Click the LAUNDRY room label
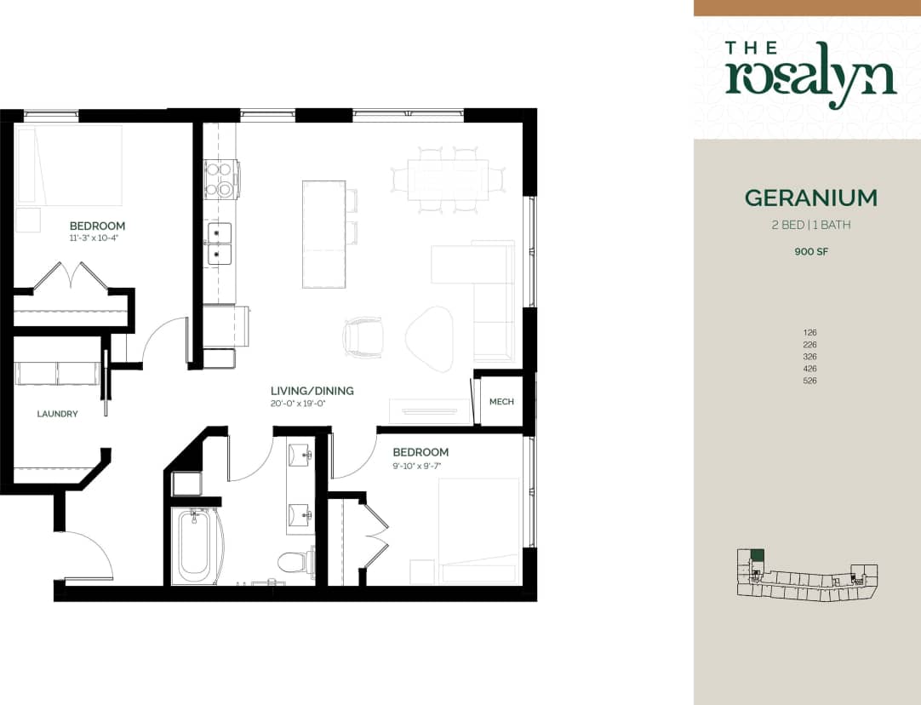[58, 414]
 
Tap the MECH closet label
[501, 401]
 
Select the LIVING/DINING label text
[312, 391]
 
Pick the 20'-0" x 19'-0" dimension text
[298, 404]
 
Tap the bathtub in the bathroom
[194, 546]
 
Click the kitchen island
[323, 234]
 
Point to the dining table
[447, 180]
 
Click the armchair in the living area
[363, 337]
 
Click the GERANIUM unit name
[810, 198]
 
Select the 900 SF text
[810, 252]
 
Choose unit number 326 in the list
[809, 357]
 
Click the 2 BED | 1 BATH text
[810, 226]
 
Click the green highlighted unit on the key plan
[757, 555]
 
